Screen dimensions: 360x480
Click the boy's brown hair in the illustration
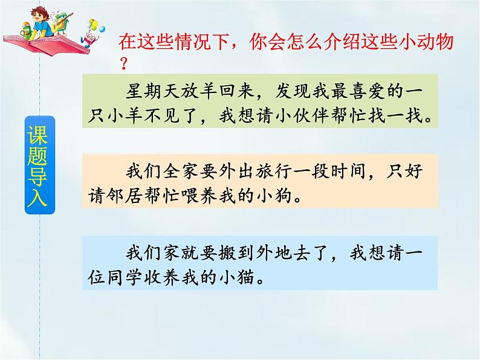(53, 11)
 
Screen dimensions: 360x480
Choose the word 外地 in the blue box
(272, 252)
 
